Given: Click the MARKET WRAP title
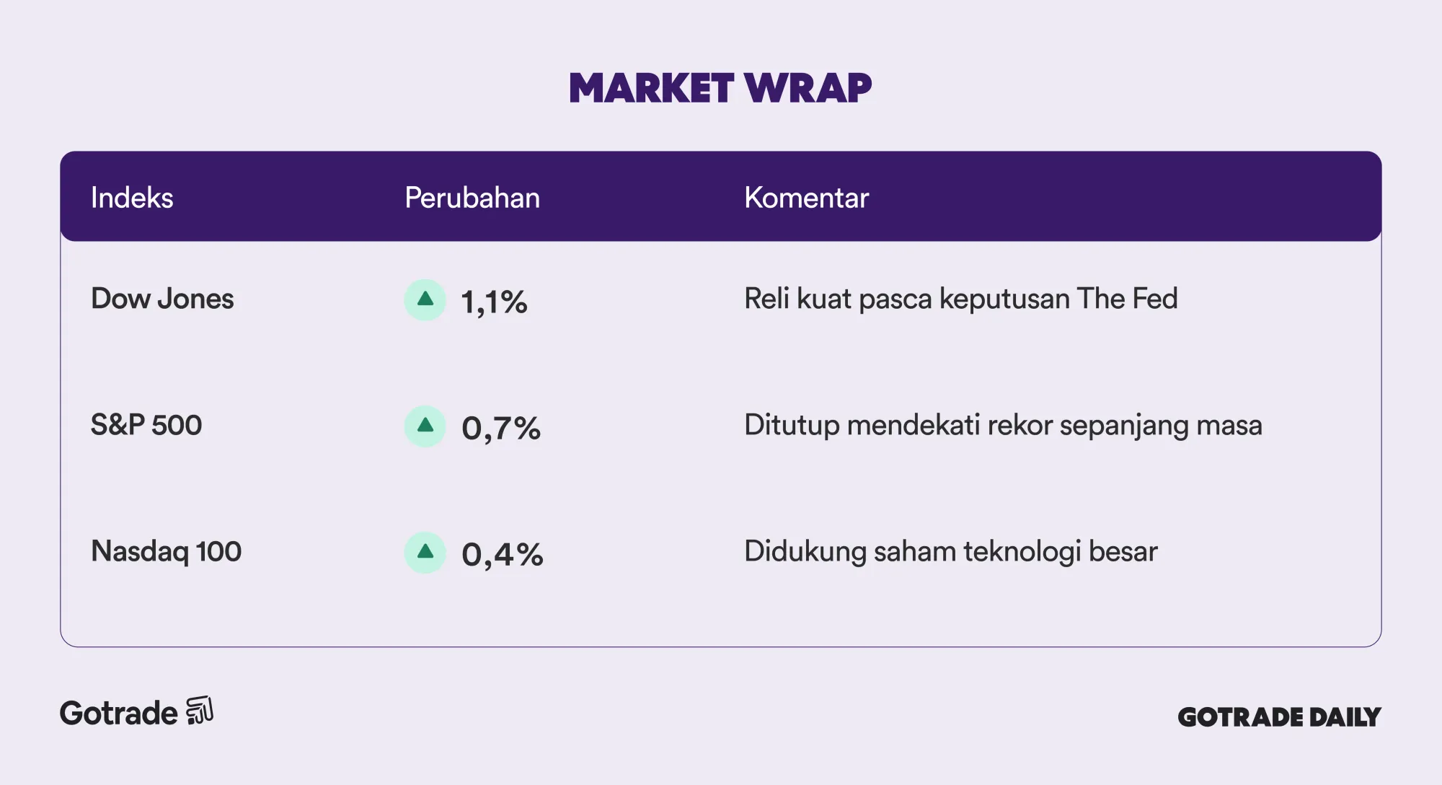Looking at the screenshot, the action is pyautogui.click(x=720, y=88).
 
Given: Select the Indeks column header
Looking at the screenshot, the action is pyautogui.click(x=132, y=198).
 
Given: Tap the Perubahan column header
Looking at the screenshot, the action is pyautogui.click(x=472, y=198).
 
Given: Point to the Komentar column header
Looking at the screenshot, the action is pyautogui.click(x=806, y=198).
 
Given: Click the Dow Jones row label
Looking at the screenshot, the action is pyautogui.click(x=162, y=299).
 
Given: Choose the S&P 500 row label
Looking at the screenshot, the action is pyautogui.click(x=146, y=425).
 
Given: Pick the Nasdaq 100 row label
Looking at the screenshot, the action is pyautogui.click(x=166, y=551).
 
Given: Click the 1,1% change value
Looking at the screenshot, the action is pyautogui.click(x=494, y=302).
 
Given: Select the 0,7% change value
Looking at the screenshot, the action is pyautogui.click(x=501, y=429).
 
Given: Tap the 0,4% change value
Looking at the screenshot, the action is pyautogui.click(x=503, y=555).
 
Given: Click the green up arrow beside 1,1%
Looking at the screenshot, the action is pyautogui.click(x=425, y=299).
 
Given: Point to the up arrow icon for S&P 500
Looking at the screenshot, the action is pyautogui.click(x=425, y=426).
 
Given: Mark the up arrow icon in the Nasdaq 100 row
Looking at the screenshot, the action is pyautogui.click(x=425, y=552).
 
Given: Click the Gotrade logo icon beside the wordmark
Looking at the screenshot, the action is pyautogui.click(x=200, y=711).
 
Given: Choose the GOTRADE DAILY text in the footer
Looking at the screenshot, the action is pyautogui.click(x=1279, y=716).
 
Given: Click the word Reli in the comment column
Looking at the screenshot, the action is pyautogui.click(x=767, y=299).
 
